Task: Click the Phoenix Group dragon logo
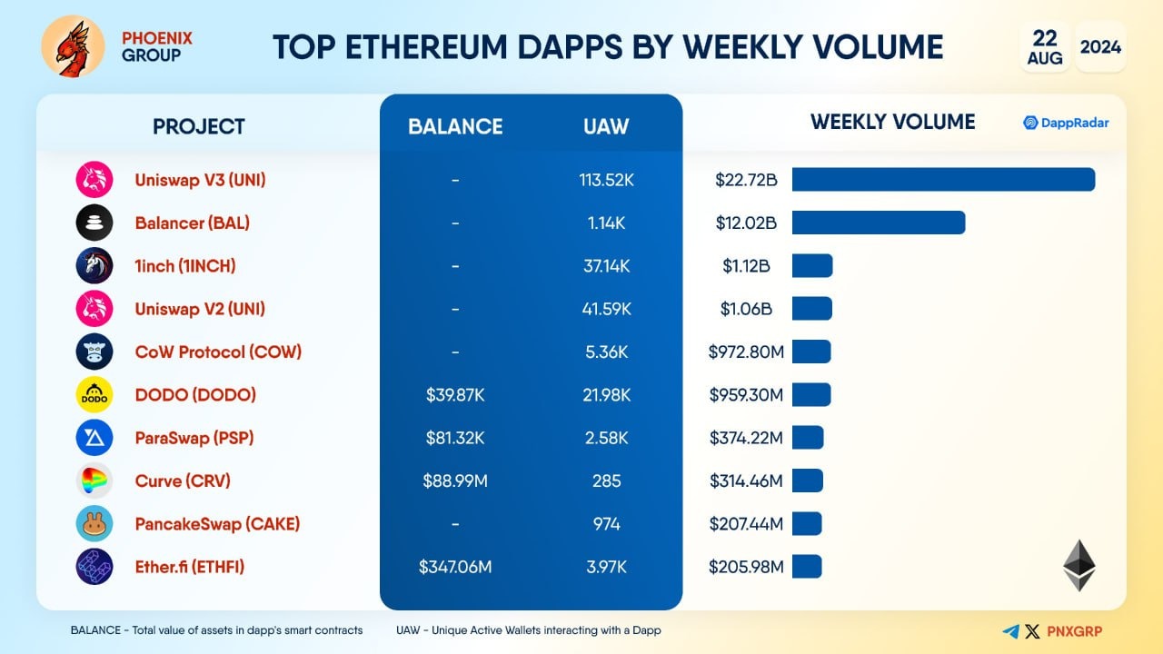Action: click(x=74, y=46)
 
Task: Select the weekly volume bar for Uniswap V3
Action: click(x=943, y=180)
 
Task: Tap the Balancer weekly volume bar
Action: click(x=878, y=223)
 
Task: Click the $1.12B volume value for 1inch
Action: click(x=746, y=266)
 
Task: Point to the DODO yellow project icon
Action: click(x=94, y=395)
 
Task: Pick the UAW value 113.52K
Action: click(x=606, y=180)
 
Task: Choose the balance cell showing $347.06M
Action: click(x=455, y=567)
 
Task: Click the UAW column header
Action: click(x=606, y=126)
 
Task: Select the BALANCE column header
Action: click(x=455, y=126)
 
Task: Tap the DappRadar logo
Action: click(x=1066, y=123)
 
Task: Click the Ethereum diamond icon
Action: click(x=1079, y=565)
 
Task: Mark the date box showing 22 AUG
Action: click(x=1044, y=46)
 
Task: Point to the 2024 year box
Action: click(x=1100, y=46)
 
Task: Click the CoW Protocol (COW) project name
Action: click(x=218, y=352)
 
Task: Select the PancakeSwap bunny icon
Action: click(x=94, y=524)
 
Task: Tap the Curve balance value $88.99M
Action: click(x=455, y=481)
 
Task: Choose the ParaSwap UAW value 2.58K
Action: click(x=606, y=438)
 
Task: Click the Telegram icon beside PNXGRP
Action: click(x=1010, y=631)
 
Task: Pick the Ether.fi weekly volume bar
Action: click(x=807, y=567)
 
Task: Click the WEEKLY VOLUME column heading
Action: click(x=892, y=122)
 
